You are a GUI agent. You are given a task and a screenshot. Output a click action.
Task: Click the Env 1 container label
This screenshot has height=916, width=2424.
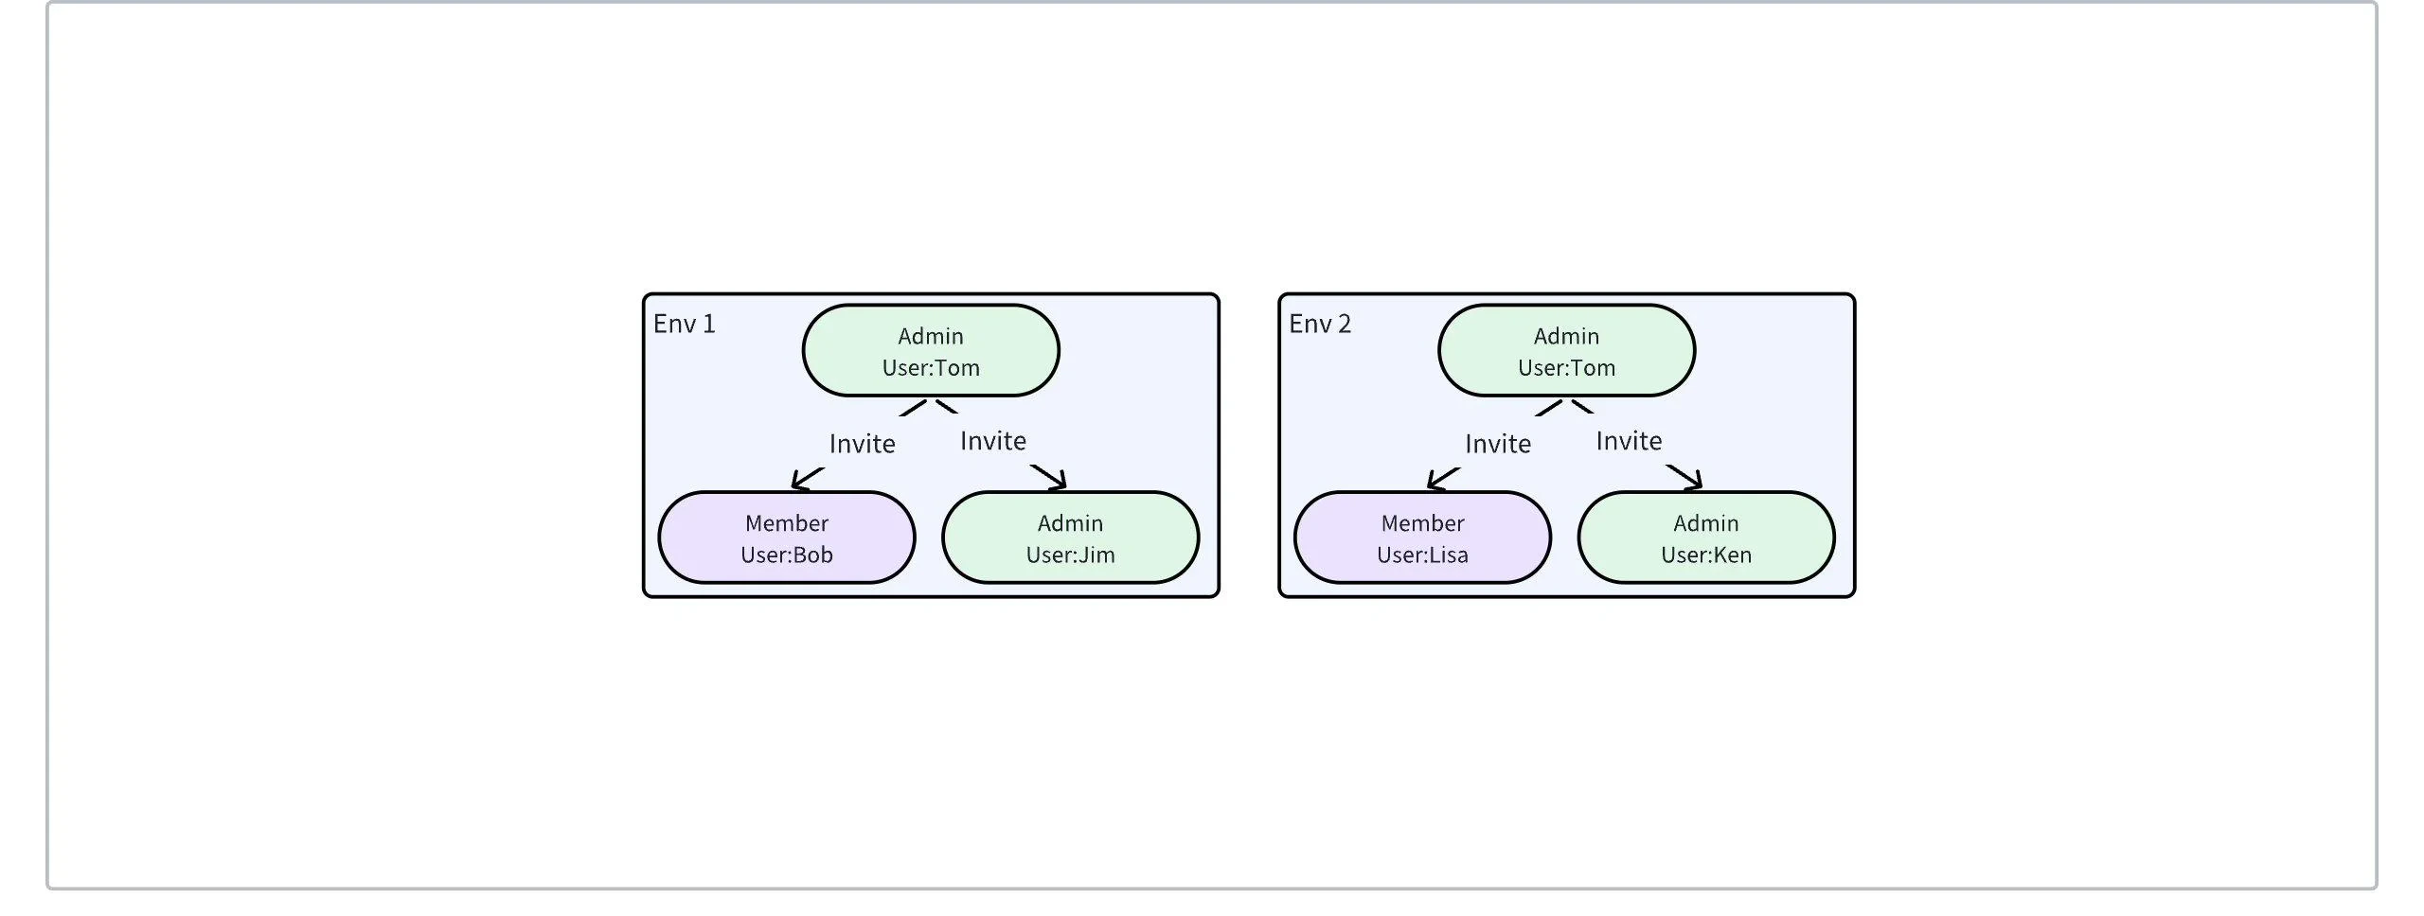coord(684,325)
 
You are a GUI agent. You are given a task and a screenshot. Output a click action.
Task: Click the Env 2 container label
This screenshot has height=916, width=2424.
coord(1319,325)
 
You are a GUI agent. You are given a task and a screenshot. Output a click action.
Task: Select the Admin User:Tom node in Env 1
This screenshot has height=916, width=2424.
coord(930,351)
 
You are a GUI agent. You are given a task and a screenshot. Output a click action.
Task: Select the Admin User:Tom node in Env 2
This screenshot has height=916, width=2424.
coord(1566,351)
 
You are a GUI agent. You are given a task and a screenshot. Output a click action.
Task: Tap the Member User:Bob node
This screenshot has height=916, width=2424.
coord(786,537)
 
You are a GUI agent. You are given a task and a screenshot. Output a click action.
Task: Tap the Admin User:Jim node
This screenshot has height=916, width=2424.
coord(1070,537)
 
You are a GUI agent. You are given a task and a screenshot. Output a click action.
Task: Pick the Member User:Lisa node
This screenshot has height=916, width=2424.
coord(1422,537)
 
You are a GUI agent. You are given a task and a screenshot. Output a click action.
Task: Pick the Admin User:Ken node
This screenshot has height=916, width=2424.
coord(1705,537)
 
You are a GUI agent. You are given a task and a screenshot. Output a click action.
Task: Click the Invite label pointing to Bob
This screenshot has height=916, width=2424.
coord(862,444)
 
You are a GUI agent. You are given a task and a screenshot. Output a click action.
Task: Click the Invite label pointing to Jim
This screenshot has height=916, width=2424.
coord(992,441)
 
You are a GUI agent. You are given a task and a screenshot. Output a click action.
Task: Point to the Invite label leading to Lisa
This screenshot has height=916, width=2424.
coord(1497,444)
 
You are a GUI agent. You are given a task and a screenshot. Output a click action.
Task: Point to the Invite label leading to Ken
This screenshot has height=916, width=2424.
coord(1629,441)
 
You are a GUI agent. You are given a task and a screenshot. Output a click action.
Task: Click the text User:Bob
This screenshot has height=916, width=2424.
coord(786,555)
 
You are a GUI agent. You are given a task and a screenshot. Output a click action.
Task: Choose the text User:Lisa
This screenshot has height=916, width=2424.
coord(1422,555)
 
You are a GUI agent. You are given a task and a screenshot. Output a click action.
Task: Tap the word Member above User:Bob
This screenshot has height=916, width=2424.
coord(786,523)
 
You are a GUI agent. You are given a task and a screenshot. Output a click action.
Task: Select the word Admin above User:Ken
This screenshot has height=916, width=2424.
coord(1705,523)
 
